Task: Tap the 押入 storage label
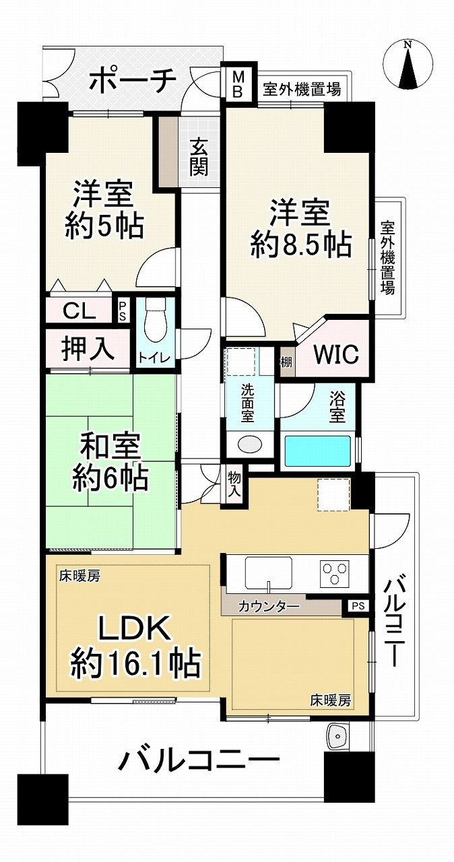tap(88, 350)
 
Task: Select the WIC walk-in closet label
tap(336, 354)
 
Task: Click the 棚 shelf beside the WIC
tap(286, 362)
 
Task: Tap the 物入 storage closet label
tap(234, 484)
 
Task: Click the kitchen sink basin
tap(269, 572)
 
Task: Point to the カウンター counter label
tap(269, 607)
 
